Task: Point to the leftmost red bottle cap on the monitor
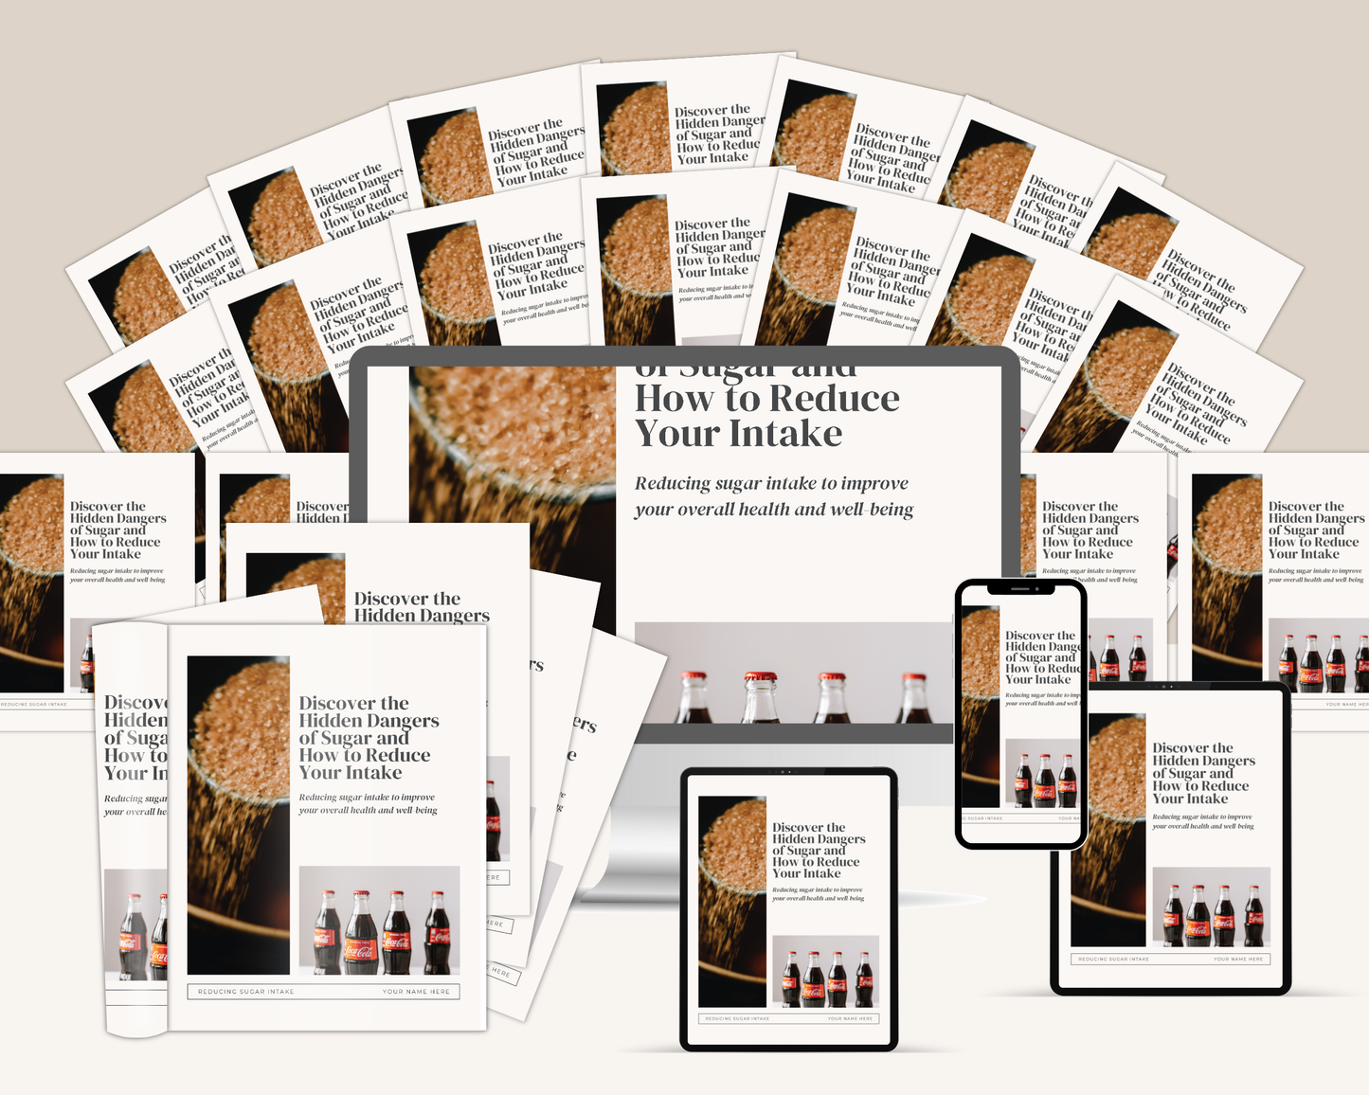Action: tap(694, 677)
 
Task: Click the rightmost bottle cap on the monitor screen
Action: tap(914, 678)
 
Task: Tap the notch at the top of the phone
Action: tap(1020, 588)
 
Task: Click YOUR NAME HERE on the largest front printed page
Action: tap(416, 992)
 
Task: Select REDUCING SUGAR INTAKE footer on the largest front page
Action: tap(246, 992)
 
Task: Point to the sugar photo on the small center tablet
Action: tap(731, 900)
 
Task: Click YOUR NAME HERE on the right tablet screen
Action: tap(1238, 959)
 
